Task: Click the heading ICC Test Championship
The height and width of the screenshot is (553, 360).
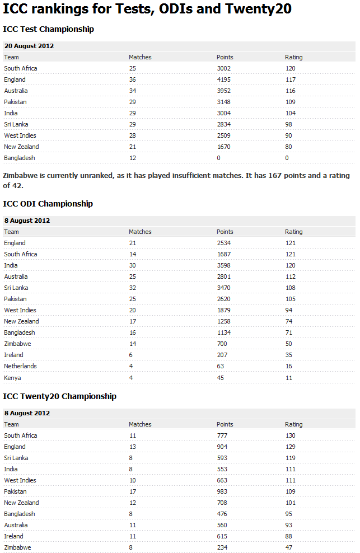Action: tap(48, 29)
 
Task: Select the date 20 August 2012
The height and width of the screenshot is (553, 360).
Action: tap(29, 46)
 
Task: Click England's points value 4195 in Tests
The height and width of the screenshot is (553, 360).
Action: tap(223, 79)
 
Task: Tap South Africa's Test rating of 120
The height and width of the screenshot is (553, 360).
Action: tap(290, 68)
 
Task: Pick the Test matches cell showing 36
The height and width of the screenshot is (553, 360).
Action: tap(132, 79)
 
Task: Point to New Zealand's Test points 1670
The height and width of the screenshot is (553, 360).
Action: tap(223, 147)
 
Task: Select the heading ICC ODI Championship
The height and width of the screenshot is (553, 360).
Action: tap(48, 204)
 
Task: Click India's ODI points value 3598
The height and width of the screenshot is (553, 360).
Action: tap(223, 265)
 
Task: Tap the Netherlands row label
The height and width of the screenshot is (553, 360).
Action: tap(20, 366)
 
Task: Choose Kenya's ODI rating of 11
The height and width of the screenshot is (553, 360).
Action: tap(288, 377)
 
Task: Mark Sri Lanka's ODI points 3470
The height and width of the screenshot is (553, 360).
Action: tap(223, 288)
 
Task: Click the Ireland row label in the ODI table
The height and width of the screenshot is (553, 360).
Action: tap(13, 355)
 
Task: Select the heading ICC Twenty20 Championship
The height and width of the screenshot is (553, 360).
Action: tap(59, 396)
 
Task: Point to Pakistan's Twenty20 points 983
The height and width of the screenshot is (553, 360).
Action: tap(222, 491)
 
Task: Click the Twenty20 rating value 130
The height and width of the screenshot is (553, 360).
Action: tap(290, 435)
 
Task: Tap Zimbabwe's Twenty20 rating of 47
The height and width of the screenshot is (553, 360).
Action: tap(288, 547)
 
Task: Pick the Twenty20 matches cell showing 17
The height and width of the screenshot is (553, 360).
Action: tap(132, 491)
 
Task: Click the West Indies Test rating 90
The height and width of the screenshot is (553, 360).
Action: tap(288, 135)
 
